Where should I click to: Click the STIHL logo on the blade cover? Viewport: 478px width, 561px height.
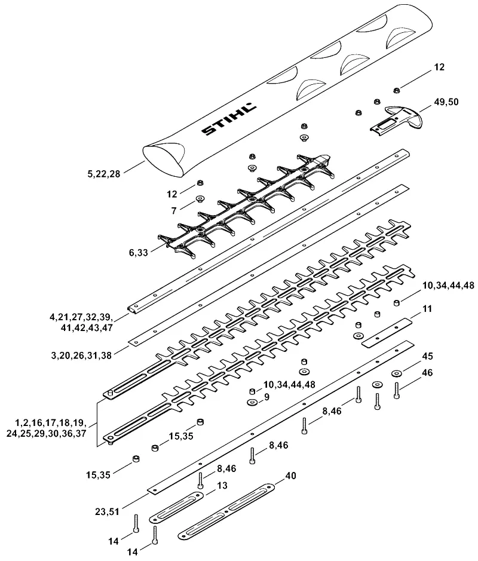point(229,119)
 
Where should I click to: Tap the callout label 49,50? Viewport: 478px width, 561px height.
point(446,102)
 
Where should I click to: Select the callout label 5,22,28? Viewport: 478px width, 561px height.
point(104,174)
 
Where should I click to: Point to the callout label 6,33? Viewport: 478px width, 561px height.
point(138,253)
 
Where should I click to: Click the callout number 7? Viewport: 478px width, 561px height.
point(174,211)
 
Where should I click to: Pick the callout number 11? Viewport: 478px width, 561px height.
point(427,309)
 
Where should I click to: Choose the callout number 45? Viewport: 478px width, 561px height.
point(428,356)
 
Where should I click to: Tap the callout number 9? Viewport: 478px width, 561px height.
point(266,397)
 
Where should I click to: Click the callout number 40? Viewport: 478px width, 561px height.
point(290,476)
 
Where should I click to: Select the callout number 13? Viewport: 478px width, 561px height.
point(222,486)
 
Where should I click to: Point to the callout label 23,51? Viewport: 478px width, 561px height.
point(108,512)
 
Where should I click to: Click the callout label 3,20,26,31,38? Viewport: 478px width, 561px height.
point(82,355)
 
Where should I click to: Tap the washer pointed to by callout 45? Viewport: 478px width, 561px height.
point(396,373)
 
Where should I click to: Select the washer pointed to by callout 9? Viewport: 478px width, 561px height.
point(252,403)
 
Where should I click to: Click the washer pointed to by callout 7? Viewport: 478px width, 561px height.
point(200,198)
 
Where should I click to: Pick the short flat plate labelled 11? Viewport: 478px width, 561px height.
point(387,332)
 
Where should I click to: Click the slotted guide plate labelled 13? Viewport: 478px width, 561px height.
point(176,507)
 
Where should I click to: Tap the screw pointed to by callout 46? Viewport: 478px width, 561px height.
point(396,390)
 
